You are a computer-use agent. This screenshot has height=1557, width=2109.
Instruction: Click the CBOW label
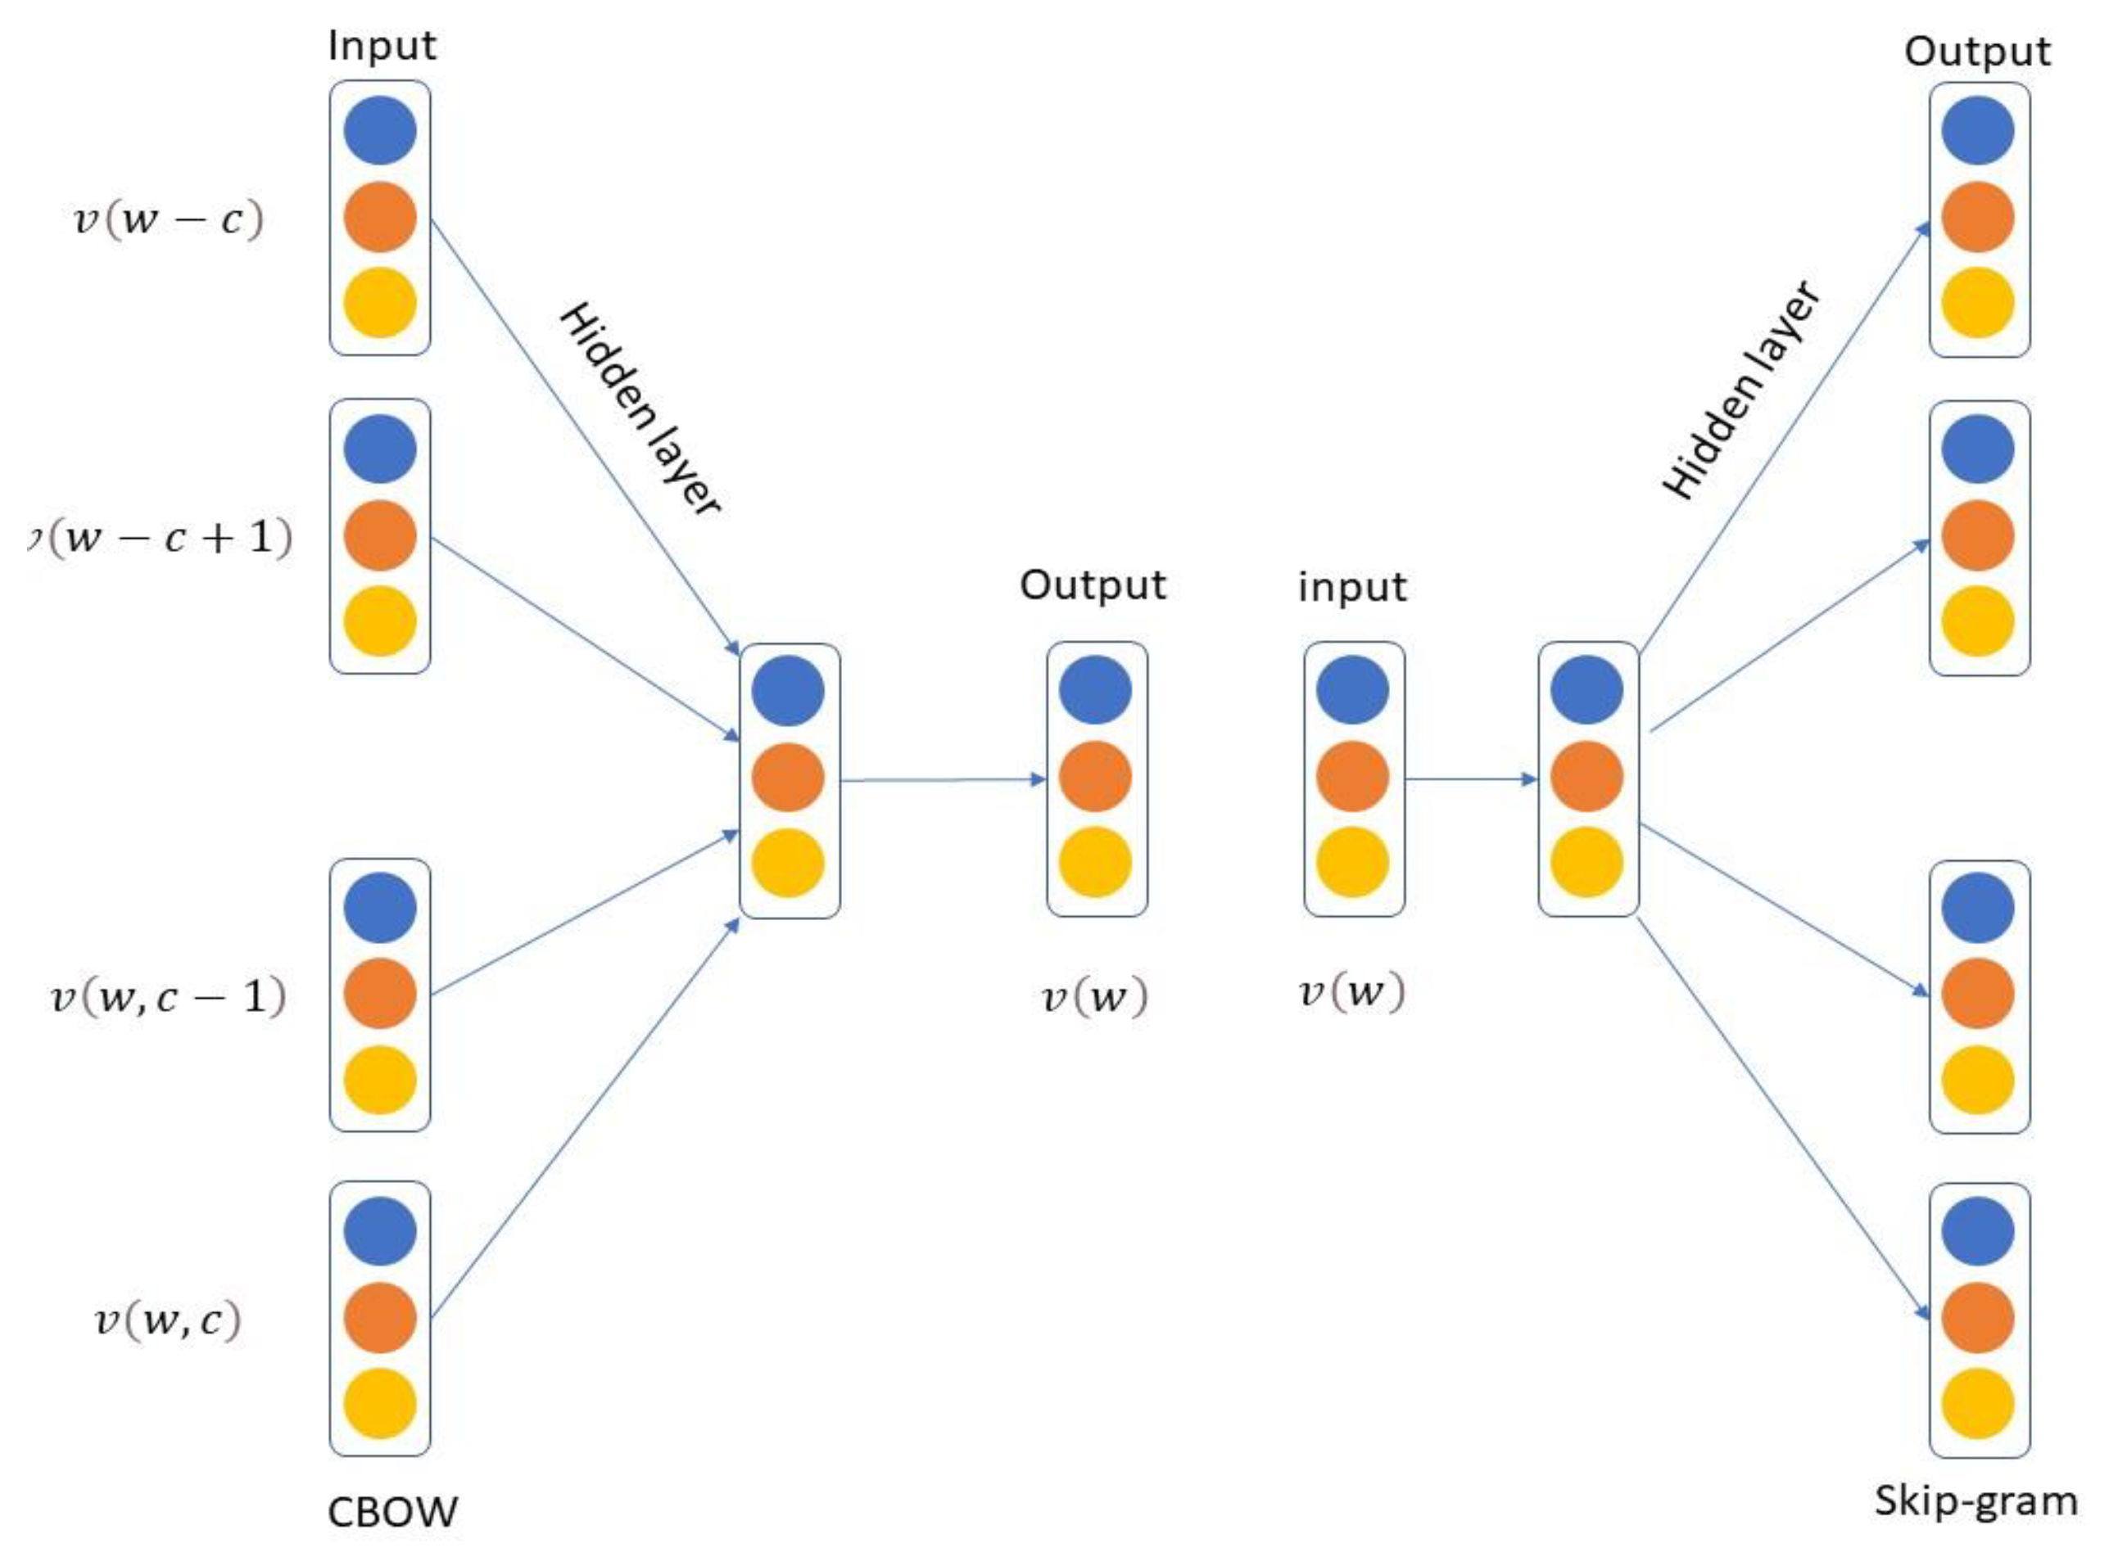point(392,1512)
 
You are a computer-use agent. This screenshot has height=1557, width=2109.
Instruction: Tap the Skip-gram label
point(1975,1502)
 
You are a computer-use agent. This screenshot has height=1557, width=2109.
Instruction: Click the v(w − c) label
point(169,219)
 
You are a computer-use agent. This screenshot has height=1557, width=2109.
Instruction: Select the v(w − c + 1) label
point(161,538)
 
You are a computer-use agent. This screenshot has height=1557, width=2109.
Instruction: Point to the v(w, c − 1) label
point(168,996)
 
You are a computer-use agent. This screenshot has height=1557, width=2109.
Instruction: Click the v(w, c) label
point(168,1320)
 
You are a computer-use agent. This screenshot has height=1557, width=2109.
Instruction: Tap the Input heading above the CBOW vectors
point(382,46)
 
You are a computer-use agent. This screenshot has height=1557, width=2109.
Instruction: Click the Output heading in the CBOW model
point(1093,585)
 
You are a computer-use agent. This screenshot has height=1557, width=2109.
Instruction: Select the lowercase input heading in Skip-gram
point(1352,587)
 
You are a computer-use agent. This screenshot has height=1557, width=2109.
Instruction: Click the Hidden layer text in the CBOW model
point(641,409)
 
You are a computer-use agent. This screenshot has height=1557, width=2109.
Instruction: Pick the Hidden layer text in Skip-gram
point(1742,390)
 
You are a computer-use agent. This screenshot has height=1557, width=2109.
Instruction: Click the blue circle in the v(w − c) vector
point(380,130)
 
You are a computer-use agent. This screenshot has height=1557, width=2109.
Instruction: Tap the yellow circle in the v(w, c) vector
point(380,1403)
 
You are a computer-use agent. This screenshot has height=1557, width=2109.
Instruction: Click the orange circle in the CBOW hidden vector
point(788,778)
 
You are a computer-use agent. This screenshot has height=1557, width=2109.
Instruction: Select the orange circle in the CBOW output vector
point(1094,778)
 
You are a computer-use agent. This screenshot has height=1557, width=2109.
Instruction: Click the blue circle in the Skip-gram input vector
point(1352,690)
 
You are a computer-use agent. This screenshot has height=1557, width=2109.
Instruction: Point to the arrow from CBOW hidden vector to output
point(943,780)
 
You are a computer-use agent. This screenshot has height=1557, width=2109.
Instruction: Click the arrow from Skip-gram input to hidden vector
point(1471,779)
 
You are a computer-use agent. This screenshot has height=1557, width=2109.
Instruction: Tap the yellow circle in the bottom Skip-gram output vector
point(1977,1403)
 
